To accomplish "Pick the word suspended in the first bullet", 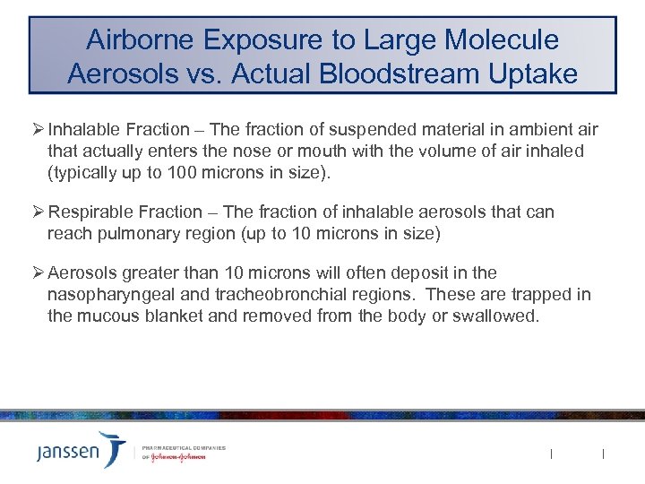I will pyautogui.click(x=341, y=130).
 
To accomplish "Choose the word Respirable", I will pyautogui.click(x=89, y=212).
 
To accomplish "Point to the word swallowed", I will pyautogui.click(x=498, y=315).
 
